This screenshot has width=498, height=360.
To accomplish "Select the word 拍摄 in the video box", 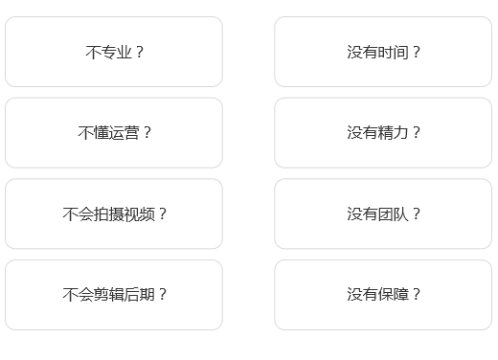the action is [107, 214].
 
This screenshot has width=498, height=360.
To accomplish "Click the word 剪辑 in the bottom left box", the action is [107, 295].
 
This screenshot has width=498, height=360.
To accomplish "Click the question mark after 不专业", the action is [140, 53].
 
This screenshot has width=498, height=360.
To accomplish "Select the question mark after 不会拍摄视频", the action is [162, 214].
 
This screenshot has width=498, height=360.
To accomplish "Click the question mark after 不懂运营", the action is [147, 133].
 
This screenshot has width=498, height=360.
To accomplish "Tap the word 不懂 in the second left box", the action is [92, 133].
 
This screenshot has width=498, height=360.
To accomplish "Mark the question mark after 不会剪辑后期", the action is [162, 295].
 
